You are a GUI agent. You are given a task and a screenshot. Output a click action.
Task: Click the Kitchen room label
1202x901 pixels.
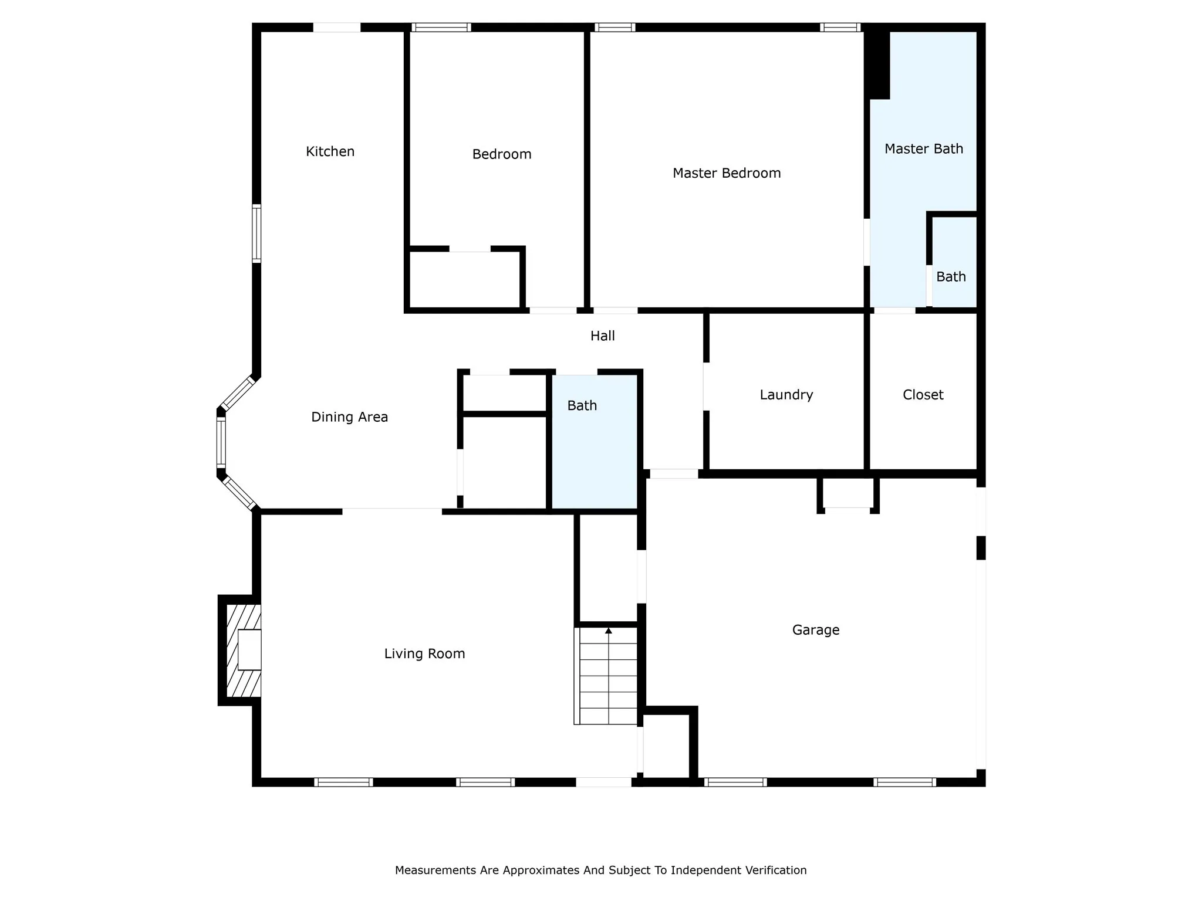click(330, 151)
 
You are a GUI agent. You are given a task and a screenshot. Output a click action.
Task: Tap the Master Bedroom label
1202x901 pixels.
click(727, 173)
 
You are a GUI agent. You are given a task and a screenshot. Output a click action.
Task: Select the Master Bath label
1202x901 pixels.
click(924, 149)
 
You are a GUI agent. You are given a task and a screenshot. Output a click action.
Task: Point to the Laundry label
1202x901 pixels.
click(786, 395)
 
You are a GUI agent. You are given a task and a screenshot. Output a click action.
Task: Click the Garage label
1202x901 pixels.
click(816, 630)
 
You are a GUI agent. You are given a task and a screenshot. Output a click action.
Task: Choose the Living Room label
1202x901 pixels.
click(424, 653)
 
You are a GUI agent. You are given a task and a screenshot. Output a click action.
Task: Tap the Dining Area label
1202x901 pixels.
click(349, 417)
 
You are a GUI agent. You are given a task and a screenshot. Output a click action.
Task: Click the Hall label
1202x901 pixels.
click(602, 336)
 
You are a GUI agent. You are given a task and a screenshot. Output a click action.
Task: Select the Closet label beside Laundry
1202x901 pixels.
click(923, 395)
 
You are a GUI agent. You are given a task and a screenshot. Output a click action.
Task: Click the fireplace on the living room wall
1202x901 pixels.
click(240, 650)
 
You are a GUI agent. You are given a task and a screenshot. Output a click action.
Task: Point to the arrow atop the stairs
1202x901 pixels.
click(609, 631)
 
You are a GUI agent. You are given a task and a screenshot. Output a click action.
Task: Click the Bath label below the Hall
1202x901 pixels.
click(582, 405)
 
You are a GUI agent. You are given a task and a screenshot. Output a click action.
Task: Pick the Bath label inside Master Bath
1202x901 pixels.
click(951, 276)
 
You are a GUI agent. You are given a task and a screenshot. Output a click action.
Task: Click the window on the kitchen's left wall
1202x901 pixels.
click(256, 233)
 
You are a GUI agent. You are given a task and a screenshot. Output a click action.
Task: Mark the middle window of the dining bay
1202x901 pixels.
click(221, 442)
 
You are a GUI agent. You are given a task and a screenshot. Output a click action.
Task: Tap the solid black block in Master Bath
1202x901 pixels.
click(877, 65)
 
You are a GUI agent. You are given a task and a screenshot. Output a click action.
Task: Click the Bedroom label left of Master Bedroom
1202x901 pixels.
click(502, 154)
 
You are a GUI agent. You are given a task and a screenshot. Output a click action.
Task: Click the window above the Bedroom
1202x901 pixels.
click(441, 27)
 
